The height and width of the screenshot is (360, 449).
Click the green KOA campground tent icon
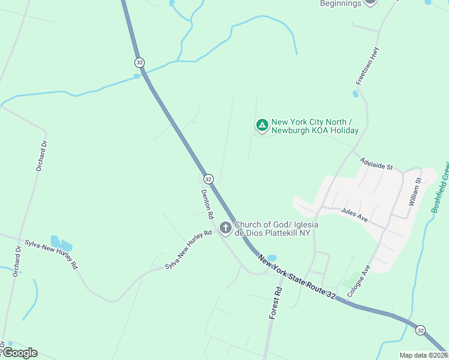[x=262, y=125]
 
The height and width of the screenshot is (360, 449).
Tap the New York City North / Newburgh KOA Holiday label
[x=315, y=126]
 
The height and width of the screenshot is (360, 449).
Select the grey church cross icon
[x=225, y=227]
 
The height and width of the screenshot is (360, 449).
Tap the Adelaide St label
[x=376, y=163]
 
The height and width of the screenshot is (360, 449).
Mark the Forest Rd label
[x=277, y=303]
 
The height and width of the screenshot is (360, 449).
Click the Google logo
[x=20, y=353]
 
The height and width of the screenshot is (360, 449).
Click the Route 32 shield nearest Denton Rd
[x=208, y=179]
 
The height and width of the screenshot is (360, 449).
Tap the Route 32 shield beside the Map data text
[x=420, y=330]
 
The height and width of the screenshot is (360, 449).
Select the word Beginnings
[x=340, y=4]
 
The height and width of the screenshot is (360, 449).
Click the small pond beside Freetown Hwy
[x=356, y=94]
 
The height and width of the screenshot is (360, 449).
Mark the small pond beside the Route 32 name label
[x=271, y=258]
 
